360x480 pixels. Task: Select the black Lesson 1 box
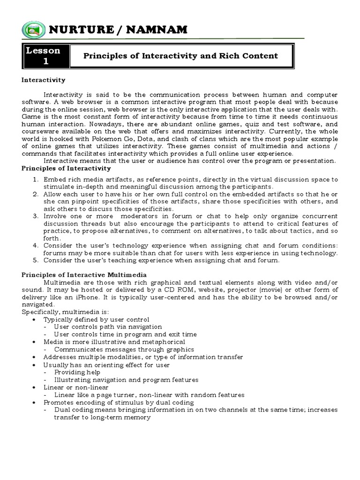[45, 56]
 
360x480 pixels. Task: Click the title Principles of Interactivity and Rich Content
[180, 56]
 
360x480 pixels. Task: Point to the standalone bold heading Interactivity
[44, 80]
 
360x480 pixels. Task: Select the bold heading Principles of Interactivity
[66, 168]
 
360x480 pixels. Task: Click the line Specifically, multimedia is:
[58, 312]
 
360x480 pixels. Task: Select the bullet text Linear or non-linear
[76, 387]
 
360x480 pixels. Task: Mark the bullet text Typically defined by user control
[97, 319]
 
